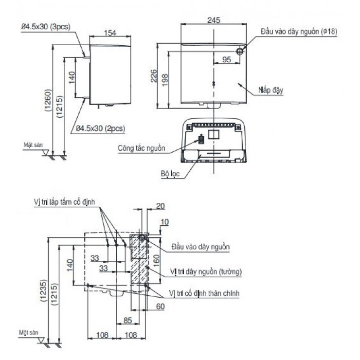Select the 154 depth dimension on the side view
[111, 33]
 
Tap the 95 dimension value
[226, 59]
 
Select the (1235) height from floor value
[43, 291]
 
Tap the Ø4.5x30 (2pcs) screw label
[100, 128]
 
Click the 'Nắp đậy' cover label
[271, 90]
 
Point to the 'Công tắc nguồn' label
[142, 148]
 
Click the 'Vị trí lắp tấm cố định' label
[67, 201]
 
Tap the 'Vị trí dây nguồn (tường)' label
[206, 270]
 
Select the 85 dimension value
[127, 321]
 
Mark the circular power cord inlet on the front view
[240, 51]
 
